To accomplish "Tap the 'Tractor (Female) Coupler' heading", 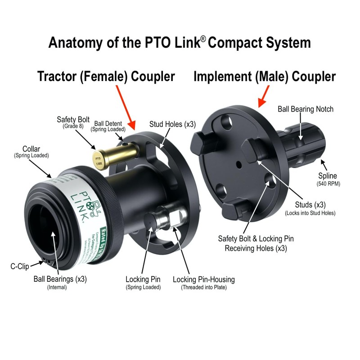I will (x=106, y=76).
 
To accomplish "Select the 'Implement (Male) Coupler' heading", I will (x=265, y=76).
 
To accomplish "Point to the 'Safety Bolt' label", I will (x=73, y=120).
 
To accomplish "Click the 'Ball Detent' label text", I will (x=108, y=123).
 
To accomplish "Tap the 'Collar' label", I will (x=33, y=149).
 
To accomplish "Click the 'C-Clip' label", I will (x=20, y=266).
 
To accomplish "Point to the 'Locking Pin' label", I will (x=143, y=279).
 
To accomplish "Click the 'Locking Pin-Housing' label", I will (x=203, y=279).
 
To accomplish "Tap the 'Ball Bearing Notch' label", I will (x=306, y=109).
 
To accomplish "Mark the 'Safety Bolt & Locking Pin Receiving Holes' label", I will (x=256, y=243).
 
